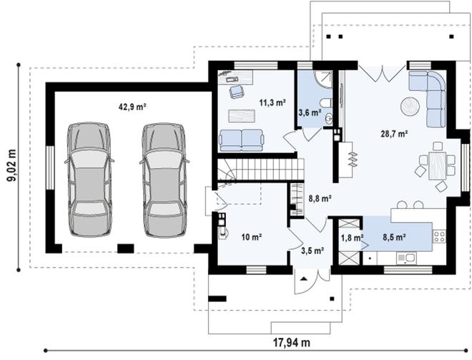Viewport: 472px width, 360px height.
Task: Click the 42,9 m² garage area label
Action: tap(132, 106)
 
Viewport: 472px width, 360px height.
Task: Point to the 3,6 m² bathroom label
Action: tap(309, 112)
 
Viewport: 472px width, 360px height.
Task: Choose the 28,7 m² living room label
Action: tap(393, 133)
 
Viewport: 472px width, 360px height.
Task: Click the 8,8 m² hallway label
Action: tap(319, 200)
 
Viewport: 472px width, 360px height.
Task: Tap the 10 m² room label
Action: tap(251, 236)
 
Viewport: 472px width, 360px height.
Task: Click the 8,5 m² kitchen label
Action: tap(395, 237)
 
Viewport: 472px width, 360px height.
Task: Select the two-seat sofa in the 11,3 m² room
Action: tap(240, 139)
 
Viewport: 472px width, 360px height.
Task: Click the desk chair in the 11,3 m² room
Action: tap(235, 92)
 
